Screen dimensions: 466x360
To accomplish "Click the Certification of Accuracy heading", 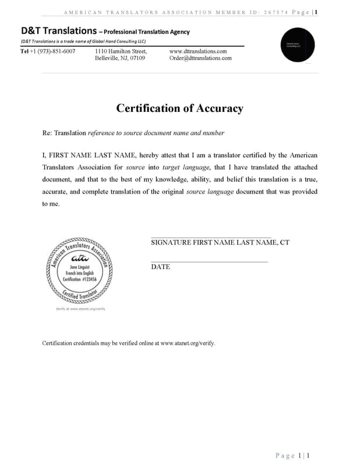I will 179,108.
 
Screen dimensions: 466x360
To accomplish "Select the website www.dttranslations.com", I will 197,51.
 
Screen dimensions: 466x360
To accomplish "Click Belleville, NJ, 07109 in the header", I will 120,58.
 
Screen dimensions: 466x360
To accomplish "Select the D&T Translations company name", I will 58,31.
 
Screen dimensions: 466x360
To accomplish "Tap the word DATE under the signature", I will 160,267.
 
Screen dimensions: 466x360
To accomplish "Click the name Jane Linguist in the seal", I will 79,267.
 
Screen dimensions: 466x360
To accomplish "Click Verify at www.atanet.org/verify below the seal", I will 80,309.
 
